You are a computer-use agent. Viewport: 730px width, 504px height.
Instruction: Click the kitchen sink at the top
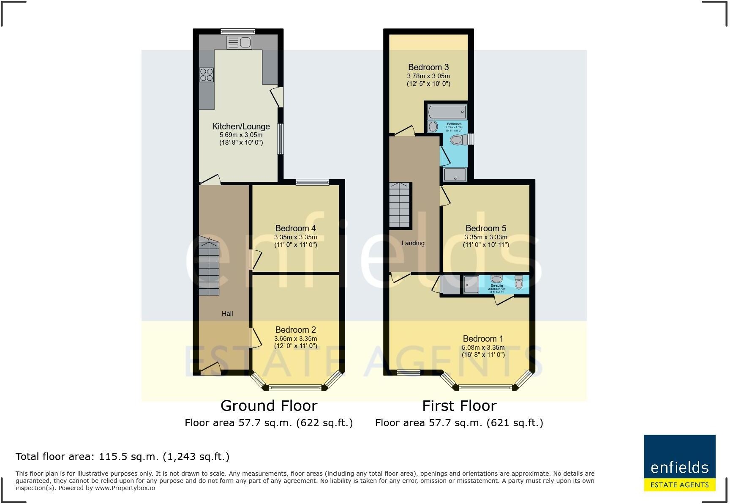(x=239, y=42)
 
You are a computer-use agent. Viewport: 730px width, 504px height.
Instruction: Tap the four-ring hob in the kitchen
(x=207, y=75)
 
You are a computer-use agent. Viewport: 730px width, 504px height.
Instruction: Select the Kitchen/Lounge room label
(x=241, y=126)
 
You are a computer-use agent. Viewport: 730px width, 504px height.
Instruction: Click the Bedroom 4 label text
(x=295, y=228)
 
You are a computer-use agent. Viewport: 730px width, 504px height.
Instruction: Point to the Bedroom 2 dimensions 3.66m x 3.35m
(x=295, y=339)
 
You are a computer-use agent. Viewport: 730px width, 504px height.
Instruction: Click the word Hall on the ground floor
(x=227, y=314)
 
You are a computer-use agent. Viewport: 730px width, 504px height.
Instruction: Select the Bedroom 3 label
(x=428, y=67)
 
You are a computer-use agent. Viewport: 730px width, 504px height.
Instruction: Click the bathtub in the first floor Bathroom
(x=447, y=112)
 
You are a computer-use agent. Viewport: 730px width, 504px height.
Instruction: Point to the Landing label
(x=413, y=243)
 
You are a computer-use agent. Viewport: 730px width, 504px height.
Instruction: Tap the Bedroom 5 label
(x=486, y=228)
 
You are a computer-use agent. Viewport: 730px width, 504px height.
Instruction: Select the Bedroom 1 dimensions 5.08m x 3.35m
(x=483, y=348)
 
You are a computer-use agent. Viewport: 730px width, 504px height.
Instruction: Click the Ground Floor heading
(x=269, y=406)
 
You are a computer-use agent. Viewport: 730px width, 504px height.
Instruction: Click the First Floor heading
(x=459, y=406)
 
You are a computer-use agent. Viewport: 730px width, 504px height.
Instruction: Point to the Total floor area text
(x=123, y=457)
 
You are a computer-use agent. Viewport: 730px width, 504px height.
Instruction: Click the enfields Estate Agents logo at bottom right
(x=679, y=463)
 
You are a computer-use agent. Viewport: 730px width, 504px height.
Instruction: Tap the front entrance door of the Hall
(x=210, y=369)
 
